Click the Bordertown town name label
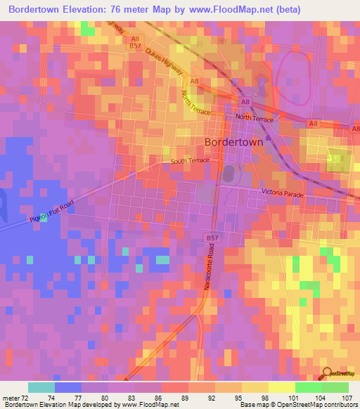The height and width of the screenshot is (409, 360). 233,141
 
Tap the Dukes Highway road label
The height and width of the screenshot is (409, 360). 165,61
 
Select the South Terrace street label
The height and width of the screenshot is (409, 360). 190,162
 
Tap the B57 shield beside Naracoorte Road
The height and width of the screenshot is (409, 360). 212,239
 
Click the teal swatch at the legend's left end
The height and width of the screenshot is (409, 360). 41,387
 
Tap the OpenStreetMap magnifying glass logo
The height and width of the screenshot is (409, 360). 328,373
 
